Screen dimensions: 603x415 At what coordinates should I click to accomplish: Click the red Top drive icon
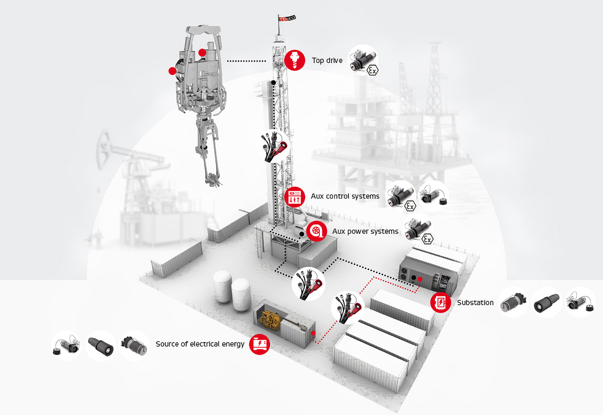click(x=295, y=60)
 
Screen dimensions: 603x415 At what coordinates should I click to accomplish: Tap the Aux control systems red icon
click(x=295, y=197)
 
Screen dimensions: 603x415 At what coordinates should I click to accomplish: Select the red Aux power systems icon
click(x=316, y=231)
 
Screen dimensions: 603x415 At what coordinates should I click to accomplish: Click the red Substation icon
click(x=441, y=302)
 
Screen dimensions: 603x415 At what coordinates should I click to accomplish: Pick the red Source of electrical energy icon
click(x=259, y=344)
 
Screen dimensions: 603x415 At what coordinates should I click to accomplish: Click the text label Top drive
click(x=327, y=60)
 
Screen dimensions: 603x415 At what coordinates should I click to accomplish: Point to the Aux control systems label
click(x=345, y=196)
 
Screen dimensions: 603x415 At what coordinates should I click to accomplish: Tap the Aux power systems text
click(x=365, y=231)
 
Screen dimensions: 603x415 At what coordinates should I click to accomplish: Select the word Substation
click(x=475, y=303)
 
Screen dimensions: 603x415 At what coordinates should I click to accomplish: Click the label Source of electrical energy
click(x=200, y=344)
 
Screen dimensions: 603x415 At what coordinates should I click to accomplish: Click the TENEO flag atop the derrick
click(x=287, y=18)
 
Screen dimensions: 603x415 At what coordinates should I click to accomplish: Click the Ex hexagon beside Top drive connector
click(x=372, y=70)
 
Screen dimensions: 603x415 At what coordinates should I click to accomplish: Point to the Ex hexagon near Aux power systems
click(x=427, y=239)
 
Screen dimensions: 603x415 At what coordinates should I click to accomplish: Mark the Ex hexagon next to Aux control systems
click(x=410, y=206)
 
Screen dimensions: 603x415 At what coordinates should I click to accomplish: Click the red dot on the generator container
click(x=313, y=333)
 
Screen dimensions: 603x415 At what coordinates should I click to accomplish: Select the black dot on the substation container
click(x=414, y=278)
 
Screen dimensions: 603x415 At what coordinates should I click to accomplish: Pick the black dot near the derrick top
click(x=273, y=83)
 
